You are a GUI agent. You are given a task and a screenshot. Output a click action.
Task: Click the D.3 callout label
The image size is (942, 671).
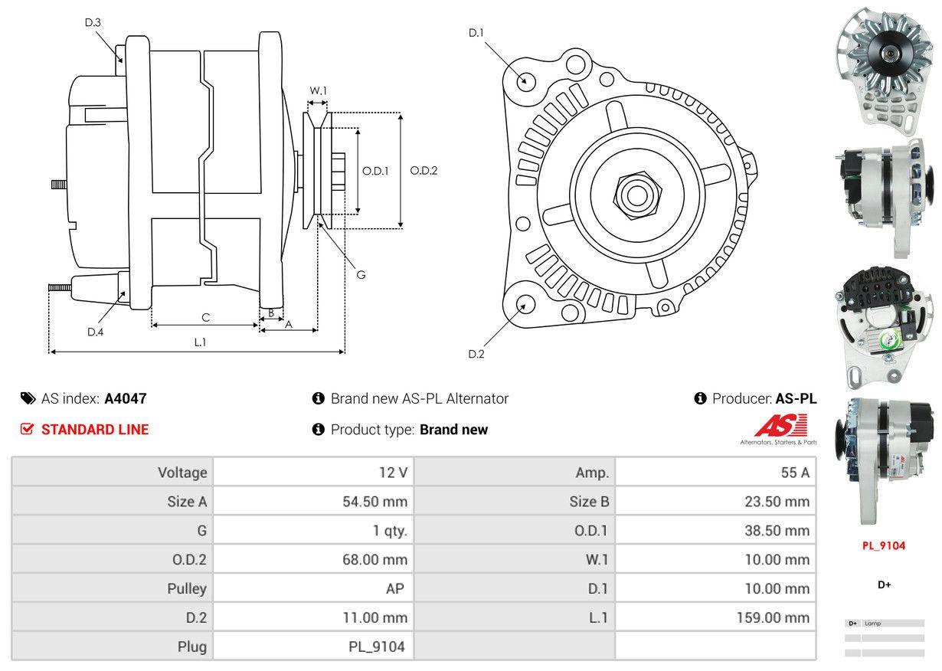[x=93, y=22]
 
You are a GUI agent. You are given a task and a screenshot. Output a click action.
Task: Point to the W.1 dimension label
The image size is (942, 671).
[x=318, y=90]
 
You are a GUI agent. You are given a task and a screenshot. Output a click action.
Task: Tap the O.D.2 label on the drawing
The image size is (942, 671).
[x=424, y=171]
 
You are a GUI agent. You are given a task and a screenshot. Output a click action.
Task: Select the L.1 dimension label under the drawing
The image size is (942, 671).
[x=199, y=342]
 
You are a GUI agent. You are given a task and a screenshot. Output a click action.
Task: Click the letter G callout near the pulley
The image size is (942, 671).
[x=361, y=274]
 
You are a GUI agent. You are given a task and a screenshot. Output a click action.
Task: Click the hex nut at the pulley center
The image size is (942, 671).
[x=635, y=195]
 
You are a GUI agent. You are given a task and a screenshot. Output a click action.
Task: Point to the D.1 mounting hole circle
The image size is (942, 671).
[x=525, y=80]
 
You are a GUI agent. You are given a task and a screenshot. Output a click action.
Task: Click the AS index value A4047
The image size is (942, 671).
[x=125, y=398]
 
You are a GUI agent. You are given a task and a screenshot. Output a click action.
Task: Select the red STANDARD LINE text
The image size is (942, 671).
[x=95, y=430]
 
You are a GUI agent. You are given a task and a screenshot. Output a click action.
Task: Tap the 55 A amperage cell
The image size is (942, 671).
[x=794, y=473]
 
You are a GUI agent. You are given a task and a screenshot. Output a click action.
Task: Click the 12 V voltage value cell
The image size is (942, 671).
[x=393, y=473]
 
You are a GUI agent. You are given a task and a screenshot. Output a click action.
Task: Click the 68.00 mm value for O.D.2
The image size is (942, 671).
[x=375, y=560]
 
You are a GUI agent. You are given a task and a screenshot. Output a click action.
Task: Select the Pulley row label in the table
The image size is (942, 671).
[x=187, y=589]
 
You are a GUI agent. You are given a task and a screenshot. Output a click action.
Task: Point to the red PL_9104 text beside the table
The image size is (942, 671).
[x=884, y=546]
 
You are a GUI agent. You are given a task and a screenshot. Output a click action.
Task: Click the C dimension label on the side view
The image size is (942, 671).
[x=205, y=317]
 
